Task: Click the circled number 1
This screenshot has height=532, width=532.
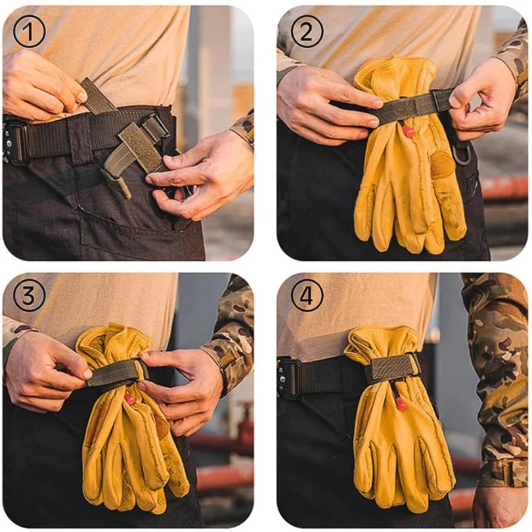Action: tap(29, 32)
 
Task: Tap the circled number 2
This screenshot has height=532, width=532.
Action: tap(307, 32)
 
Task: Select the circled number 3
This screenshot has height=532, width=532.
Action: tap(29, 295)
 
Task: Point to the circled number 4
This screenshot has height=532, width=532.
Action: tap(307, 295)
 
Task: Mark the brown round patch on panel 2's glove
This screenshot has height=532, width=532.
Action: tap(443, 164)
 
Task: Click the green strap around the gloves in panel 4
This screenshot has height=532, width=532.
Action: tap(393, 368)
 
